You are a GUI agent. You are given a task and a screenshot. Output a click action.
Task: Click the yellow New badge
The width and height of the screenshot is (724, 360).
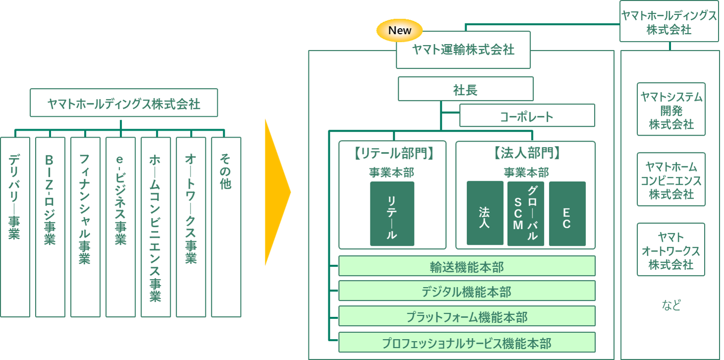(400, 31)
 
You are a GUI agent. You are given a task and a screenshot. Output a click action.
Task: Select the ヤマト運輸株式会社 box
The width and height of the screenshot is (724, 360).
(463, 50)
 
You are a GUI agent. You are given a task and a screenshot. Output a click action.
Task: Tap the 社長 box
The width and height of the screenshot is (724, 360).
(465, 89)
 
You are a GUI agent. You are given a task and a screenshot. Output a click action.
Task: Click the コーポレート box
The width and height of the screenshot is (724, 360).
(527, 116)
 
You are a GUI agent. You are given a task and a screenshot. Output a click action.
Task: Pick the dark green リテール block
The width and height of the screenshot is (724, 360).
(392, 213)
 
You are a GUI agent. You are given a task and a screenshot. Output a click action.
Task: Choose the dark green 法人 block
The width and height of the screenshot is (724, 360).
(485, 213)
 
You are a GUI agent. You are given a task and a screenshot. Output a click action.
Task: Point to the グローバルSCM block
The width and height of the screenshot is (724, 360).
(525, 213)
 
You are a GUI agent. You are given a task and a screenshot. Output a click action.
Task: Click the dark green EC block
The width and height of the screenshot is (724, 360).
(567, 213)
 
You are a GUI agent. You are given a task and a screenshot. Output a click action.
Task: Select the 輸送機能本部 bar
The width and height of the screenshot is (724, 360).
(466, 266)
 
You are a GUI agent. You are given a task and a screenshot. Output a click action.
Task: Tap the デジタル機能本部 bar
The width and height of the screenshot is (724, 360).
(466, 291)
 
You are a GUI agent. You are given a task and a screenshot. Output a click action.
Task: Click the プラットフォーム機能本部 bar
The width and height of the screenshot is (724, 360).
(466, 316)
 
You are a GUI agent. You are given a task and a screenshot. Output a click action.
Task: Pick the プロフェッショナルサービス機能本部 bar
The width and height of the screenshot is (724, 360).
(466, 343)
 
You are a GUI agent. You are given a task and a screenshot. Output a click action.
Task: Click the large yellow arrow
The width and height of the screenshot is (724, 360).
(277, 192)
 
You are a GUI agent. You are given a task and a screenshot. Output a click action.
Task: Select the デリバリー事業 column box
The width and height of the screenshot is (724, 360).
(15, 227)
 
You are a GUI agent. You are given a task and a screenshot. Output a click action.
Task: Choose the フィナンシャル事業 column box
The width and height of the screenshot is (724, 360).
(85, 227)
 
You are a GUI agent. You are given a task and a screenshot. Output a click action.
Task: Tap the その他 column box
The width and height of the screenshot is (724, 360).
(226, 227)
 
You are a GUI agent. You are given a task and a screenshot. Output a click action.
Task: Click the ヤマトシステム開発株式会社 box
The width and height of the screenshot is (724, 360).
(671, 109)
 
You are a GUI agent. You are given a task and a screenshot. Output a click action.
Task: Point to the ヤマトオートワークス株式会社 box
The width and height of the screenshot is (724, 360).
(671, 250)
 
